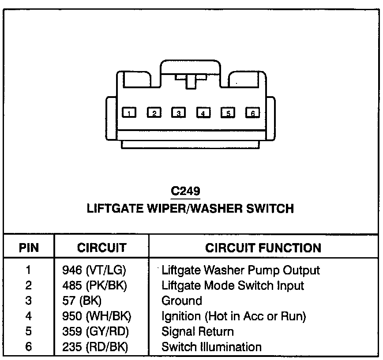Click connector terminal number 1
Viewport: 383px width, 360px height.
(129, 113)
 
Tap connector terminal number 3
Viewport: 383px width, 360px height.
(178, 113)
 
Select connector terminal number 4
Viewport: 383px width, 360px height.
(203, 113)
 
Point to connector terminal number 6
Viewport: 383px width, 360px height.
(252, 113)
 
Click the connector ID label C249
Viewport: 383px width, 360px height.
(185, 191)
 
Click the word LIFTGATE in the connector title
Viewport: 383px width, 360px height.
(115, 208)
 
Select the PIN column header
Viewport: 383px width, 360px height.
(29, 248)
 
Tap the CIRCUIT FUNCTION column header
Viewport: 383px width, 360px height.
(263, 248)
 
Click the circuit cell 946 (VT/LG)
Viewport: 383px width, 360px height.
(97, 270)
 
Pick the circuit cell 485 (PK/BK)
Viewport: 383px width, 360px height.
(95, 285)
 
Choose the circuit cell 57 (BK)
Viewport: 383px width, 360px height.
(82, 301)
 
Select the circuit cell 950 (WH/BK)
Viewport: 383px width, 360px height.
(97, 316)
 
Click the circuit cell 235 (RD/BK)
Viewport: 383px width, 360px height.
(95, 347)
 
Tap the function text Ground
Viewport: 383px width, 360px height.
(182, 301)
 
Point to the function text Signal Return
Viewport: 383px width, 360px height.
(198, 331)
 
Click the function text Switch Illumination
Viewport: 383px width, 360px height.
(212, 347)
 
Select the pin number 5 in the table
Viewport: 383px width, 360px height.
(29, 331)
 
